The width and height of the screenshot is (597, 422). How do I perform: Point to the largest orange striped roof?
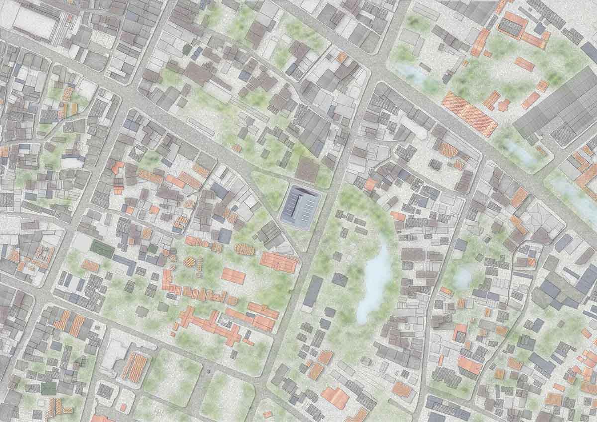tap(469, 113)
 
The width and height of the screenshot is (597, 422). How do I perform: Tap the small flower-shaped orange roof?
tap(503, 105)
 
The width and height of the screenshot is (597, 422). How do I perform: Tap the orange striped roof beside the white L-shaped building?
tap(135, 367)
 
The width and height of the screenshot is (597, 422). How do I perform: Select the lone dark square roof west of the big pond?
tap(340, 279)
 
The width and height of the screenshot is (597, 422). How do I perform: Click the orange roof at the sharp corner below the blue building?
tap(279, 262)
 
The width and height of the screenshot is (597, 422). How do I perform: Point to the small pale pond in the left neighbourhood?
tap(71, 163)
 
